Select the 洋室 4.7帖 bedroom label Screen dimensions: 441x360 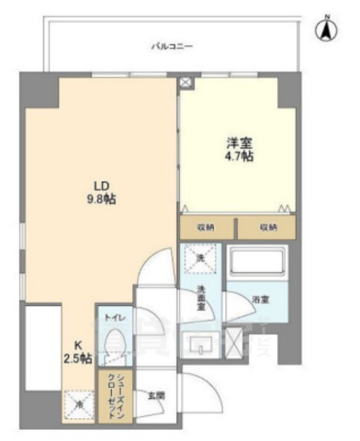pos(241,149)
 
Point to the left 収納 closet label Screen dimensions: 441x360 pos(205,226)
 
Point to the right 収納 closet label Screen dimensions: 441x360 pos(266,226)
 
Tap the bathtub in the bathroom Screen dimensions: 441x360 pos(258,264)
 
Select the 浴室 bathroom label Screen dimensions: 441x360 pos(260,300)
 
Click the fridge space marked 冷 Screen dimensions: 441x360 pos(77,402)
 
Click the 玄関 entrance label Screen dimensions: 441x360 pos(156,396)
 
